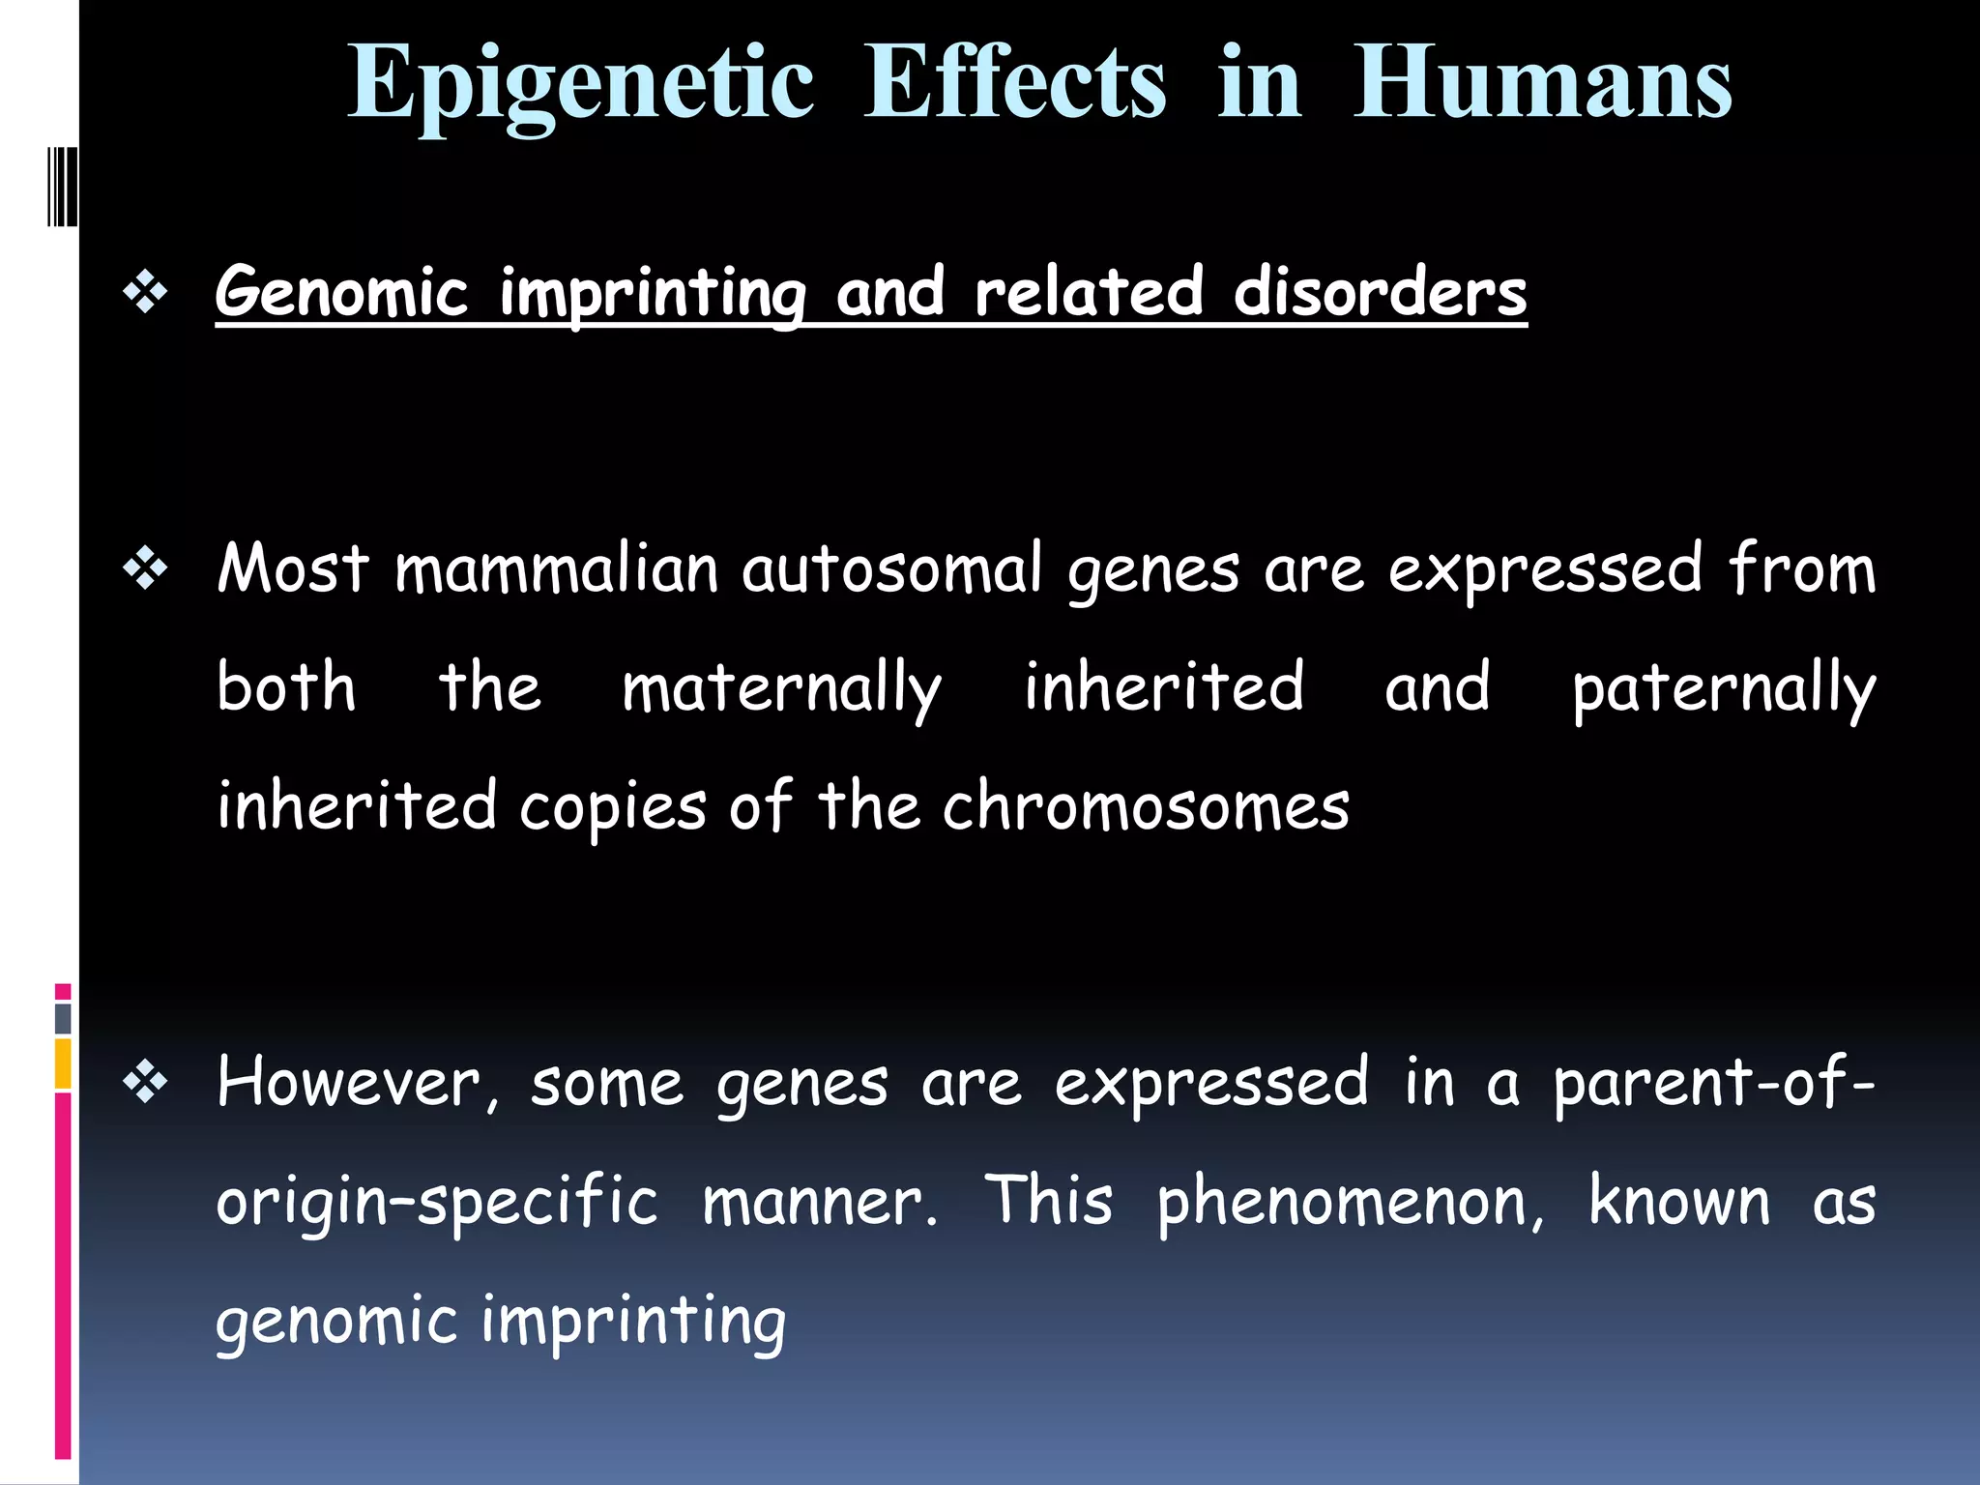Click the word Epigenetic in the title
(x=580, y=85)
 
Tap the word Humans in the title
(x=1542, y=85)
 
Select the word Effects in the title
(x=1015, y=85)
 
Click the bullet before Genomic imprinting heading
(x=146, y=292)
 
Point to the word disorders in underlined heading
(x=1380, y=292)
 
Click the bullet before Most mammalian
(x=146, y=569)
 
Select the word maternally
(x=781, y=688)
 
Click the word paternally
(x=1724, y=688)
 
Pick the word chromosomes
(x=1146, y=807)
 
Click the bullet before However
(x=146, y=1083)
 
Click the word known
(x=1679, y=1202)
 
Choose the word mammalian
(x=556, y=569)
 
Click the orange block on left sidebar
(x=63, y=1063)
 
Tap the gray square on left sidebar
(x=63, y=1018)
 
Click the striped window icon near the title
(x=62, y=187)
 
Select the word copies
(x=613, y=807)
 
